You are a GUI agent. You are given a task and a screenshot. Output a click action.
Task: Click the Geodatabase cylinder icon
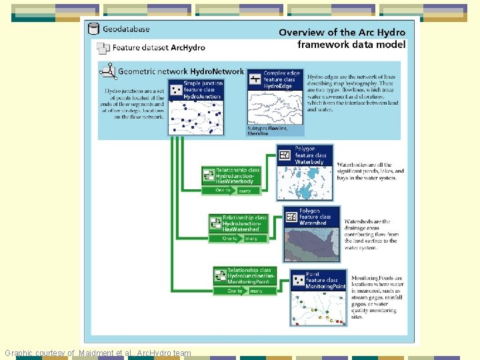click(x=93, y=29)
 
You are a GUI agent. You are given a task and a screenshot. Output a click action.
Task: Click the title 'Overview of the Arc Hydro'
click(x=341, y=32)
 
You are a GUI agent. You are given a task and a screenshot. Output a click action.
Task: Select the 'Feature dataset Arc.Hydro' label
click(x=158, y=48)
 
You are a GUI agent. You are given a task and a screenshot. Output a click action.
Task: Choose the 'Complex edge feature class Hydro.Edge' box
click(x=275, y=79)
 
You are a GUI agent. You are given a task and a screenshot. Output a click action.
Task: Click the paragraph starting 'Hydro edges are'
click(x=353, y=93)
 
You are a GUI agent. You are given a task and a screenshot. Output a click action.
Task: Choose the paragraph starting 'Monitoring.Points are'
click(x=376, y=297)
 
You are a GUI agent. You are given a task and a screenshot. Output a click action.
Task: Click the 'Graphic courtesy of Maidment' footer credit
click(x=98, y=353)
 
